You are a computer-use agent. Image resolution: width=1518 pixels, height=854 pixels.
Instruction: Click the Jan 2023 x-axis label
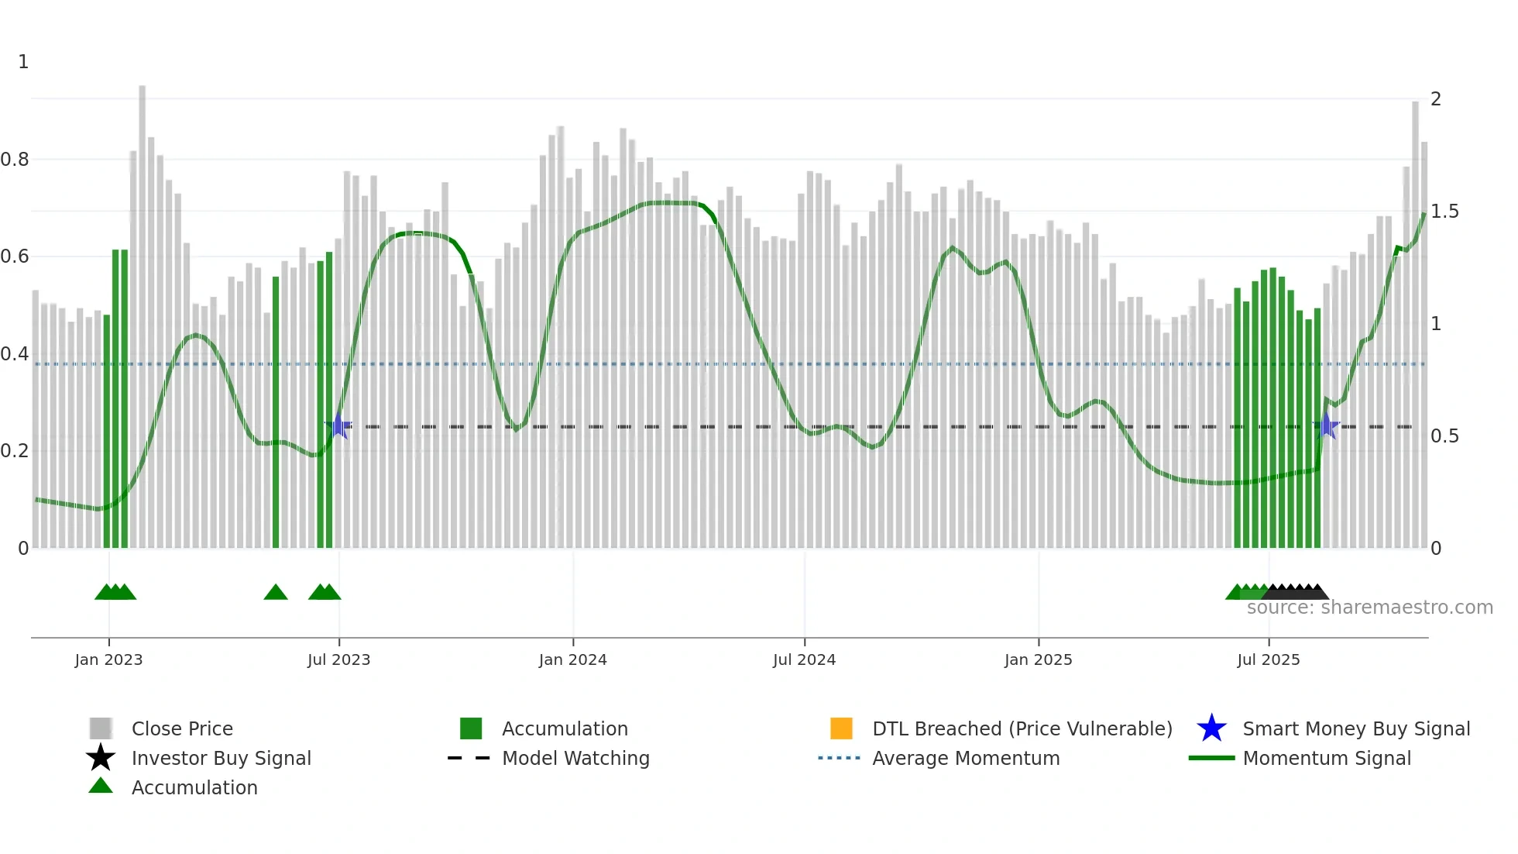pyautogui.click(x=108, y=659)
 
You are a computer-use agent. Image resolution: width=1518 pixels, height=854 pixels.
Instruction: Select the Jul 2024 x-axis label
pyautogui.click(x=804, y=659)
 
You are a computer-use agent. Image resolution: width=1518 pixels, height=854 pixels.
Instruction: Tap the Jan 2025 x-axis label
pyautogui.click(x=1038, y=659)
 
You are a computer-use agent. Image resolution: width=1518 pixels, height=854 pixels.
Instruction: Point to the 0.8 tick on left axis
pyautogui.click(x=15, y=160)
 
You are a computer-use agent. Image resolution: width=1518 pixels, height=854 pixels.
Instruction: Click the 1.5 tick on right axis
pyautogui.click(x=1444, y=212)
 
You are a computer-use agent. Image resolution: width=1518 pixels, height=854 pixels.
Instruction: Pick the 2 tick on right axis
pyautogui.click(x=1436, y=99)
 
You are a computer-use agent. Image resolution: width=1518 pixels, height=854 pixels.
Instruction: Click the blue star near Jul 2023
pyautogui.click(x=338, y=426)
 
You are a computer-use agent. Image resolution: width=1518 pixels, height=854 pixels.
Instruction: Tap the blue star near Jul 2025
pyautogui.click(x=1327, y=425)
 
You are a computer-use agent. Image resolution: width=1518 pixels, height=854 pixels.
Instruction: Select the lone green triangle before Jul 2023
pyautogui.click(x=276, y=593)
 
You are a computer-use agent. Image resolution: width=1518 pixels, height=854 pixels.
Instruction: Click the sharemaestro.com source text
pyautogui.click(x=1369, y=608)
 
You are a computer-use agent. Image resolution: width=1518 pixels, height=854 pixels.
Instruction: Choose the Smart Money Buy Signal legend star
pyautogui.click(x=1211, y=728)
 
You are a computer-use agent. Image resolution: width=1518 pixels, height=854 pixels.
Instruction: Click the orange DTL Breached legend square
pyautogui.click(x=841, y=728)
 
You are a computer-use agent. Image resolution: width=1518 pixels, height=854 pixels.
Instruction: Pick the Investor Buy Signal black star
pyautogui.click(x=101, y=758)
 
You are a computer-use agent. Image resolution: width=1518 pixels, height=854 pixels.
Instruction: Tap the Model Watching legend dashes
pyautogui.click(x=469, y=758)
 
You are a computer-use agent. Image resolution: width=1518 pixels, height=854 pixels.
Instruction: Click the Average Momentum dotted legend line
pyautogui.click(x=839, y=758)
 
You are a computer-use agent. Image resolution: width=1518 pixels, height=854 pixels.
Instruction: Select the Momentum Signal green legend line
pyautogui.click(x=1211, y=758)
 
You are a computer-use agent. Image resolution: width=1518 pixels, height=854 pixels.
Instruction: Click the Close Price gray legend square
pyautogui.click(x=101, y=728)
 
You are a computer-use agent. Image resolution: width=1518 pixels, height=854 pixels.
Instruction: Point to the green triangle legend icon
pyautogui.click(x=101, y=786)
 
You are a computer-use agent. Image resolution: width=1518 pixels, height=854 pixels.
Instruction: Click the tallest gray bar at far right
pyautogui.click(x=1415, y=325)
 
